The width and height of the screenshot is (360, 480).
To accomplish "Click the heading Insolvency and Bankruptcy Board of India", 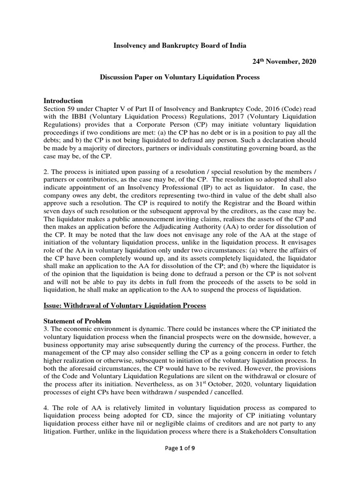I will [x=180, y=45].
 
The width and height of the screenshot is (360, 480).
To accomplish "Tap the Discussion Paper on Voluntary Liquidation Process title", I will [x=180, y=77].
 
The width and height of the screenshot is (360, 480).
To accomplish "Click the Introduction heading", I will [x=63, y=101].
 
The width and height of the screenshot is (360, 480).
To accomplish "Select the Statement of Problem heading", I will [x=77, y=321].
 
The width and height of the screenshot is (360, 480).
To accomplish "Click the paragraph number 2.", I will [x=46, y=168].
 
